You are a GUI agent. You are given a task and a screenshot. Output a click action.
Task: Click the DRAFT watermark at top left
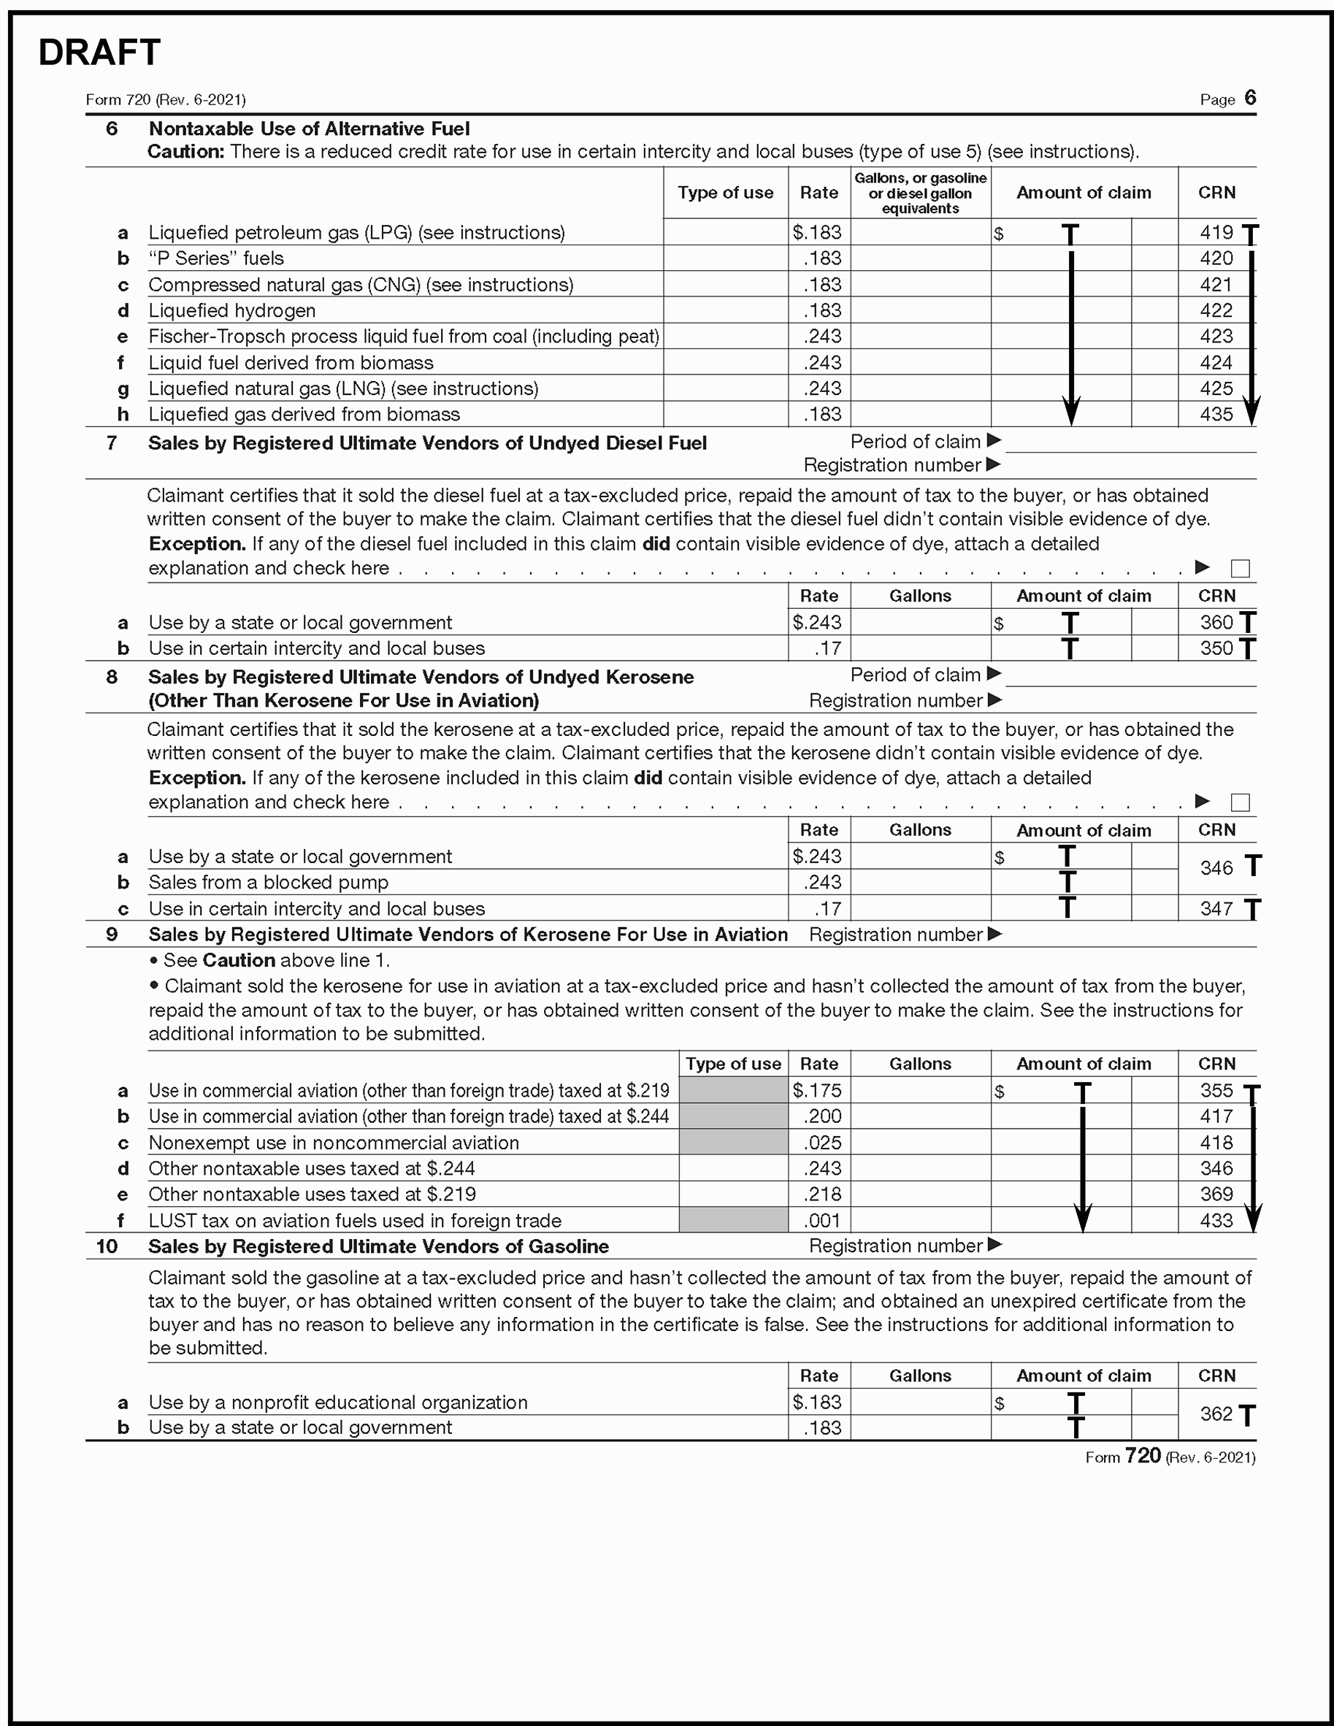tap(99, 53)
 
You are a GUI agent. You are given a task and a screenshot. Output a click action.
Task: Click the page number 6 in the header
tap(1249, 97)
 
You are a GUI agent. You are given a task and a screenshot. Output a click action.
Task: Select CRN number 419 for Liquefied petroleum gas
tap(1216, 232)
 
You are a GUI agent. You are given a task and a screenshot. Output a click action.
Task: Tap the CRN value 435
tap(1216, 414)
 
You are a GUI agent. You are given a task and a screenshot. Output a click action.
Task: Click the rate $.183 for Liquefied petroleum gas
tap(818, 232)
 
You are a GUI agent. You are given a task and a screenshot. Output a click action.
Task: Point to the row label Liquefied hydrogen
tap(231, 310)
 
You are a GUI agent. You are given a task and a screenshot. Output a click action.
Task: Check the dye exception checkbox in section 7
tap(1240, 568)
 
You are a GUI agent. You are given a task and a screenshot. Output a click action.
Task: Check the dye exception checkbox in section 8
tap(1240, 802)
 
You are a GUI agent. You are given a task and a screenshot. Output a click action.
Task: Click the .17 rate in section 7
tap(827, 648)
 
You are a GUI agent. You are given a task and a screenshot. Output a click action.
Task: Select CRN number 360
tap(1216, 622)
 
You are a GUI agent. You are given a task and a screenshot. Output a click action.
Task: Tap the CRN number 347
tap(1216, 909)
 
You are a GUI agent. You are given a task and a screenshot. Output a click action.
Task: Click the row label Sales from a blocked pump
tap(268, 882)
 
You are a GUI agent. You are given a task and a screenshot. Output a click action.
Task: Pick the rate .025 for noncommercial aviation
tap(823, 1143)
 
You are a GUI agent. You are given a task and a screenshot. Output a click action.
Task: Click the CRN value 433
tap(1216, 1220)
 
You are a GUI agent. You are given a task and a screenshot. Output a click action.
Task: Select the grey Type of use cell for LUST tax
tap(732, 1220)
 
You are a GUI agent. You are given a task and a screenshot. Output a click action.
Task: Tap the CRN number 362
tap(1216, 1414)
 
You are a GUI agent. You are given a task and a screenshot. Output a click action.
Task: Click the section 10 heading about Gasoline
tap(377, 1246)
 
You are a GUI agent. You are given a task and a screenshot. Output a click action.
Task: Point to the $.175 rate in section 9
tap(818, 1091)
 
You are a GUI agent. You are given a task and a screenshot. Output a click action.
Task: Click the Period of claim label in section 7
tap(915, 441)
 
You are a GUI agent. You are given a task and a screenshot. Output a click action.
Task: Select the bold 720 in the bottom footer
tap(1142, 1456)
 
